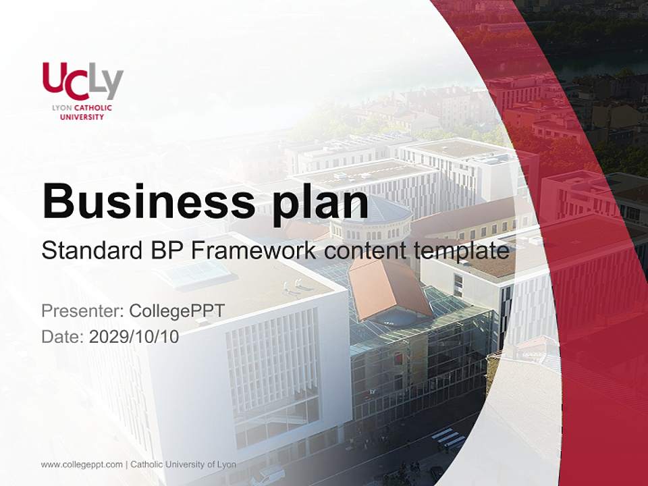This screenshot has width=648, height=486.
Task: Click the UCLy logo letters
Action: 82,81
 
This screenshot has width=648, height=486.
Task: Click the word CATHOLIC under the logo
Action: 92,108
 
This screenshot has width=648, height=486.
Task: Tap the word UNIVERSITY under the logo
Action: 82,117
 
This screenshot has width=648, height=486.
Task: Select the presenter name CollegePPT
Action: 177,311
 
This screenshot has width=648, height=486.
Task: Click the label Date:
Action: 63,336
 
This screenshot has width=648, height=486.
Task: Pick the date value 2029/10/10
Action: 134,336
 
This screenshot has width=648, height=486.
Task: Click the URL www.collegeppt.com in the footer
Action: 82,464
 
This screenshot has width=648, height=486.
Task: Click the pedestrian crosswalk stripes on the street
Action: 448,439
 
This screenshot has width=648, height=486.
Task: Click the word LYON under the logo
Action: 62,108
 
